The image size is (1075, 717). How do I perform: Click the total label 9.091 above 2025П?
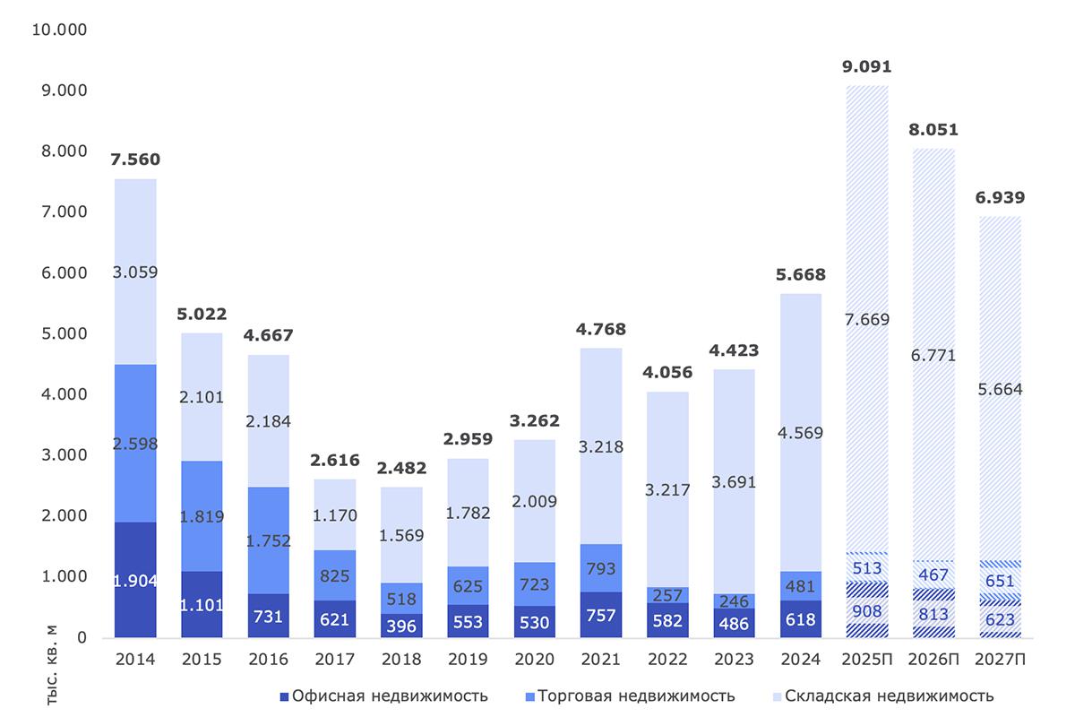(867, 66)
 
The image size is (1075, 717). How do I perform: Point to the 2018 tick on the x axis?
(401, 660)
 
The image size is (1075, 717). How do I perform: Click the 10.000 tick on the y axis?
(57, 30)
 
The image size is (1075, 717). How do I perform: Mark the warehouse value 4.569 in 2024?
(801, 433)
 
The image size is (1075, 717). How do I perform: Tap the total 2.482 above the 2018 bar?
(401, 468)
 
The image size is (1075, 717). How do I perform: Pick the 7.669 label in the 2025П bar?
(867, 318)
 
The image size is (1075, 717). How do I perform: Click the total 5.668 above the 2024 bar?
(801, 274)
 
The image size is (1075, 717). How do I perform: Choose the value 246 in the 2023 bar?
(735, 601)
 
